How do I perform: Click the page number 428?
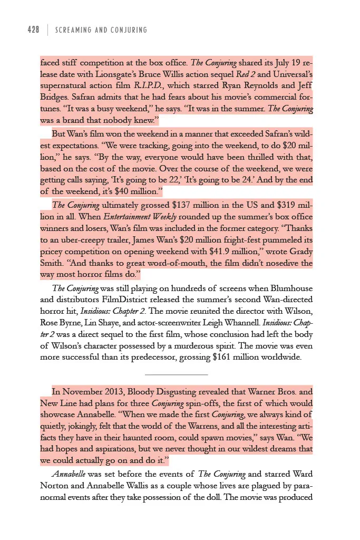33,30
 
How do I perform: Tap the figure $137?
166,206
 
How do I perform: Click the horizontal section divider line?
176,375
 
